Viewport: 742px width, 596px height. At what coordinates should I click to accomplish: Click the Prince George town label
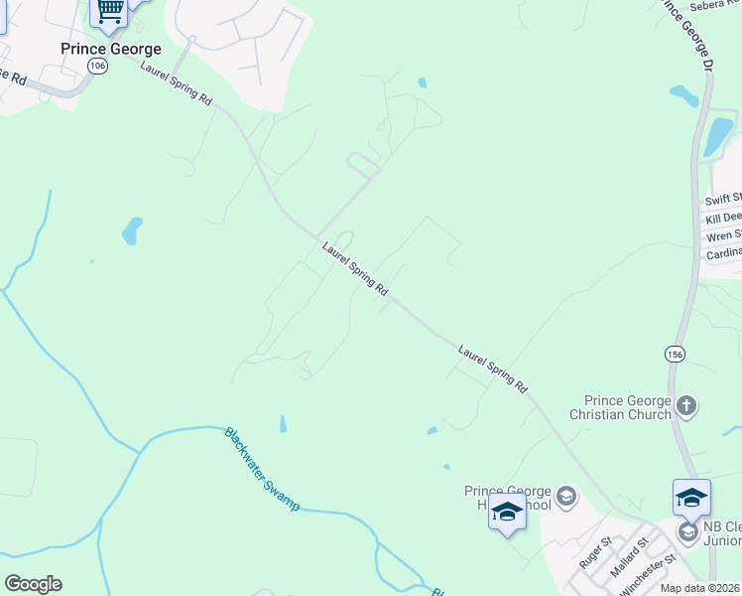[x=110, y=49]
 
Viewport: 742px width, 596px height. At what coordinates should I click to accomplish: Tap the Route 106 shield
[x=96, y=66]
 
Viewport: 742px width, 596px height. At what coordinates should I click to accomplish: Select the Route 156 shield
[x=675, y=354]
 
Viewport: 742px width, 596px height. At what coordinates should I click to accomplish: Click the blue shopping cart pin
[x=109, y=11]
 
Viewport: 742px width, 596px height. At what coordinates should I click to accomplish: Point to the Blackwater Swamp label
[x=261, y=469]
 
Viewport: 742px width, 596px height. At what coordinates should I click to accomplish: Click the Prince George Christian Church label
[x=621, y=407]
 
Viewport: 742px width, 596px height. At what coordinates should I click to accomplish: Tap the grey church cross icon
[x=686, y=405]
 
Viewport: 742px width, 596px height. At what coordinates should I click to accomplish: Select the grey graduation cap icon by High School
[x=565, y=496]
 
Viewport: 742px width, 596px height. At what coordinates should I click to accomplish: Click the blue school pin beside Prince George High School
[x=507, y=513]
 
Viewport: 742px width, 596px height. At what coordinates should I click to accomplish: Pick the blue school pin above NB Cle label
[x=691, y=497]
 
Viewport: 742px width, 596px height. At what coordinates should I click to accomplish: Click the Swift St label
[x=723, y=200]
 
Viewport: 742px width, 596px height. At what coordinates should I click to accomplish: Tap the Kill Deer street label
[x=723, y=218]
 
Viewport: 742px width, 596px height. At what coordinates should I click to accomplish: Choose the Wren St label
[x=724, y=235]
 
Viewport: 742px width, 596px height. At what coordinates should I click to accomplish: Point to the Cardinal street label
[x=723, y=253]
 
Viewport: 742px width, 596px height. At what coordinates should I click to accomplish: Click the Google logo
[x=34, y=584]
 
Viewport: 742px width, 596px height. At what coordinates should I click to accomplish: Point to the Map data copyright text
[x=700, y=588]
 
